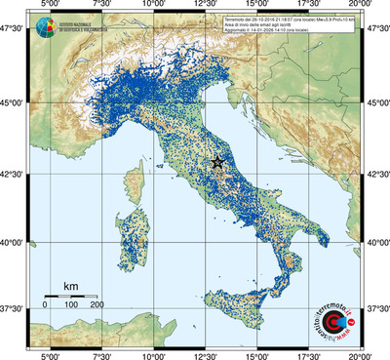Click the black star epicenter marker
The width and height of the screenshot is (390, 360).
coord(217,162)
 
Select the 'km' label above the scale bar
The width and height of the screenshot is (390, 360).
coord(70,286)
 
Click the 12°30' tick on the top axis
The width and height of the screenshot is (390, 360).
coord(205,6)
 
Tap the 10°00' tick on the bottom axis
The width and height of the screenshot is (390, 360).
coord(152,354)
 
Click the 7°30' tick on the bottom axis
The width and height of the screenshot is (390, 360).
coord(99,354)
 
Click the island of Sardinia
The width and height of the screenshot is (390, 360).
coord(133,234)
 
